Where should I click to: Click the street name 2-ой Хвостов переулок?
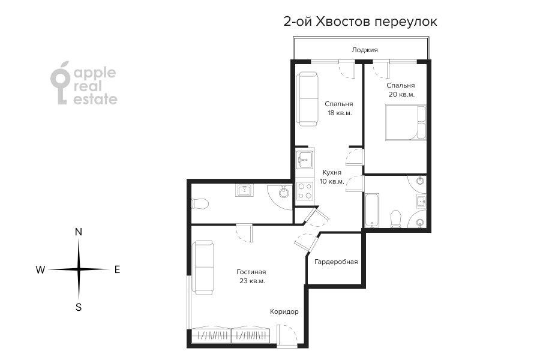click(x=360, y=22)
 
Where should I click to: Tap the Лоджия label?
click(x=365, y=50)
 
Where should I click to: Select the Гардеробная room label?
click(x=336, y=262)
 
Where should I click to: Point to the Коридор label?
click(x=284, y=311)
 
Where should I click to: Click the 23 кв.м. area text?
click(x=253, y=281)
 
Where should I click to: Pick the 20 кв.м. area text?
click(x=401, y=94)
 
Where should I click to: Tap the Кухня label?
click(x=332, y=172)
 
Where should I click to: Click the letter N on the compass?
click(x=79, y=232)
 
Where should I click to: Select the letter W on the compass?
click(x=40, y=270)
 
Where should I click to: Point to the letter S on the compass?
click(x=79, y=307)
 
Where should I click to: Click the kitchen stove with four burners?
click(x=305, y=191)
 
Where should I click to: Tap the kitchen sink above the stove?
click(x=305, y=160)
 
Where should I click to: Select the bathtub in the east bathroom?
click(x=372, y=210)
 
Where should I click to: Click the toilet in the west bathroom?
click(x=200, y=203)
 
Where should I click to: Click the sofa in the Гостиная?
click(x=203, y=268)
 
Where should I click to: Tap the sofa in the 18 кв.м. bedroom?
click(x=308, y=99)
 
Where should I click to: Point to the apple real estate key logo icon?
click(x=61, y=83)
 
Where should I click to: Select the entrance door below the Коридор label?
click(x=287, y=335)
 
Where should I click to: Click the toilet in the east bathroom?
click(x=396, y=219)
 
